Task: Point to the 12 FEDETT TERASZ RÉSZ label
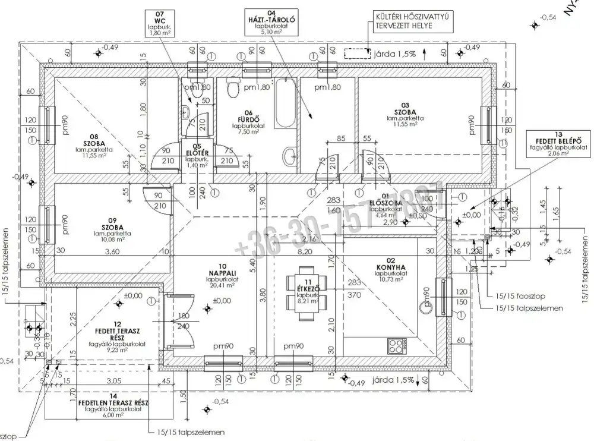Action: pos(120,335)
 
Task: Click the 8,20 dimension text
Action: pos(304,252)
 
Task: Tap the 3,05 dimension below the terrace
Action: pos(113,381)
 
